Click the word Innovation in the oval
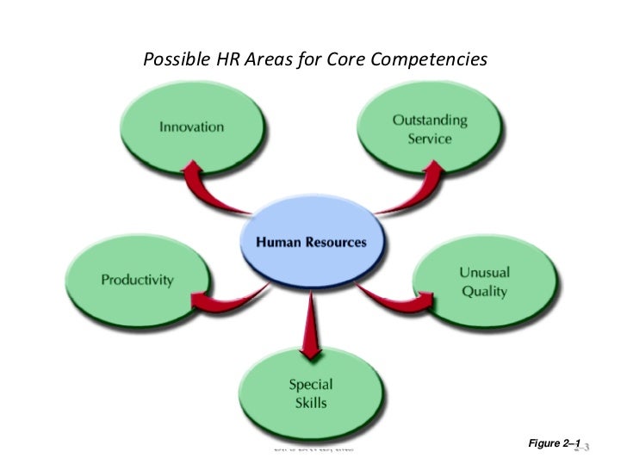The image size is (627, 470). pos(191,127)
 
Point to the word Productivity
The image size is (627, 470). pos(138,280)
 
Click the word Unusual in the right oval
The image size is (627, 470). pos(484,273)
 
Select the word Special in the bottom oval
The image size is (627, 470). pos(311,384)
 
